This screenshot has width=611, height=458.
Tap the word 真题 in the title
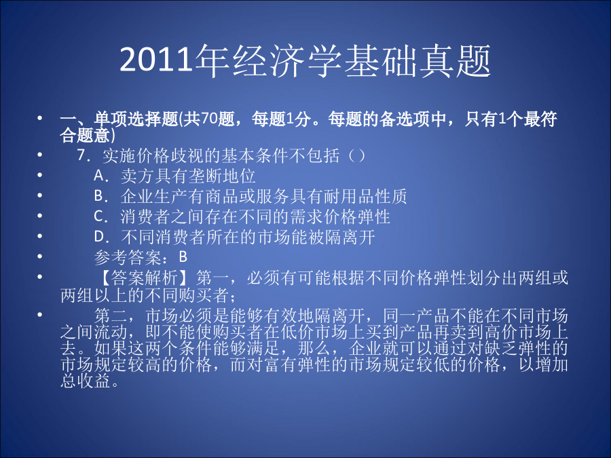click(455, 60)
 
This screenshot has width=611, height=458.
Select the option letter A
click(99, 176)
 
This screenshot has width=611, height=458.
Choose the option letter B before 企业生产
click(99, 196)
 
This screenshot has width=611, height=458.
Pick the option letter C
click(99, 216)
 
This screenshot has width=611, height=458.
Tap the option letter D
click(99, 236)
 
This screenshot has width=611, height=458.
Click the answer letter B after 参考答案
click(183, 256)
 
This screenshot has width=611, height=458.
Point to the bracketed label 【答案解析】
click(145, 278)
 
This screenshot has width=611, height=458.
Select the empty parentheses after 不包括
click(356, 156)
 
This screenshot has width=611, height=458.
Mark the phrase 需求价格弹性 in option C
click(340, 216)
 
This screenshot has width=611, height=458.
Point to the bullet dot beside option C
click(40, 215)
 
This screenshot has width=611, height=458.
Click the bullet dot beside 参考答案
click(40, 256)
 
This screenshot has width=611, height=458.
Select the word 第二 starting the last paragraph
click(111, 316)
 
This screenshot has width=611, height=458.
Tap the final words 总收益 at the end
click(86, 381)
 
